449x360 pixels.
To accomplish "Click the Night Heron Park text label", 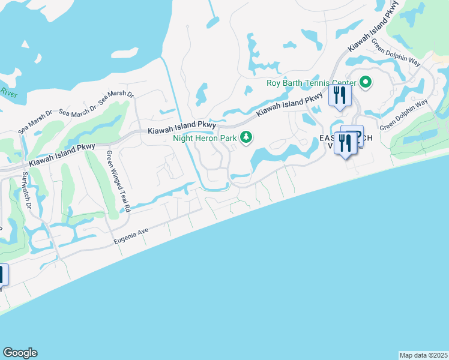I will pyautogui.click(x=205, y=138).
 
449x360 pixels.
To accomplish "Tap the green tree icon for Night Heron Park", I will pyautogui.click(x=246, y=138).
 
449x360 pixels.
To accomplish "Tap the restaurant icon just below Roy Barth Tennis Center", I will pyautogui.click(x=340, y=96).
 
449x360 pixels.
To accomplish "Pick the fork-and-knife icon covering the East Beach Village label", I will pyautogui.click(x=345, y=143).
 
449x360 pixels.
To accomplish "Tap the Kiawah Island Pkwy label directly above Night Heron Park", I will pyautogui.click(x=182, y=128).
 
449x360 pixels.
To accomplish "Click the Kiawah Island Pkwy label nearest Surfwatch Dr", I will pyautogui.click(x=62, y=155).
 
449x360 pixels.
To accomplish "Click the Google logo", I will pyautogui.click(x=20, y=353).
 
